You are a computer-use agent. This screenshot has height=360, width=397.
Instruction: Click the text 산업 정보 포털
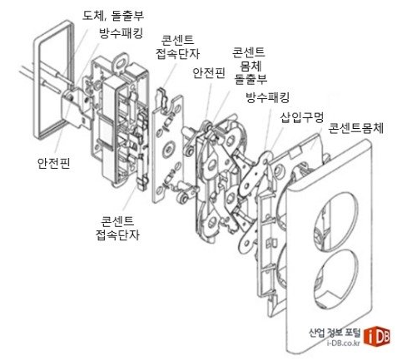(330, 330)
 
